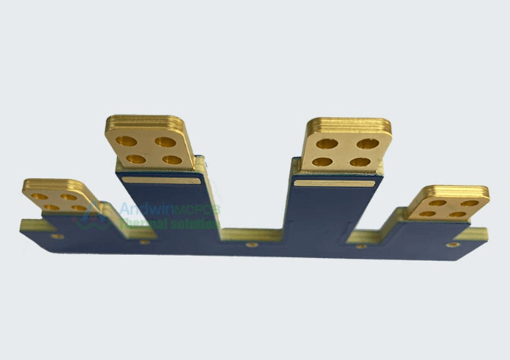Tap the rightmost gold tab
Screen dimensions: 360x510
click(x=447, y=202)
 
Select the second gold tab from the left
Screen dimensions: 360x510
click(x=149, y=140)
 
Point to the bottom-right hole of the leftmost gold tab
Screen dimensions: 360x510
click(x=79, y=208)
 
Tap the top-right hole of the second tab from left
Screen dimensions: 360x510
click(x=166, y=140)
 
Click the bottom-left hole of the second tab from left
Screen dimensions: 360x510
click(x=134, y=159)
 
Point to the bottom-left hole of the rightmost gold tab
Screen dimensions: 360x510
click(x=429, y=213)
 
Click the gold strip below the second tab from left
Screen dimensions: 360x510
click(x=160, y=180)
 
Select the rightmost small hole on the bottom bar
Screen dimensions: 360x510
click(x=454, y=245)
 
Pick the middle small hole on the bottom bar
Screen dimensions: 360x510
click(x=251, y=245)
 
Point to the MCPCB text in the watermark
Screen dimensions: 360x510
click(x=197, y=210)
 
